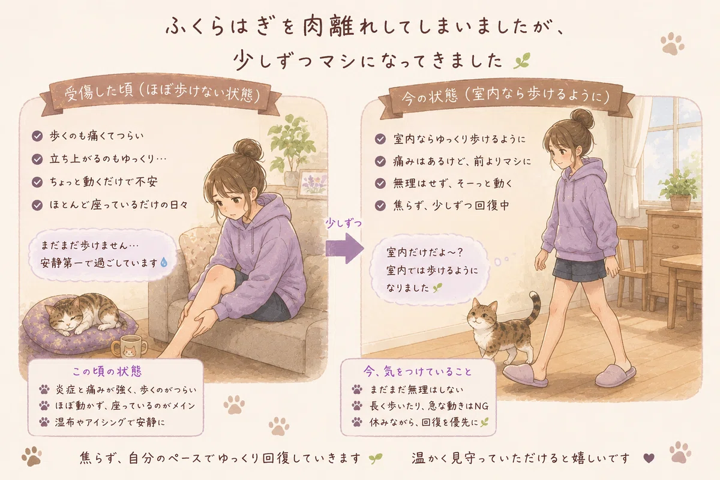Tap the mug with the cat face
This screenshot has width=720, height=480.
[128, 346]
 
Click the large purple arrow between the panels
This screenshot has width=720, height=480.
[344, 248]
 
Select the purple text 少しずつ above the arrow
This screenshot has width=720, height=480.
[343, 223]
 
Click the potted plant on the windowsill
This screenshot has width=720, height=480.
[679, 190]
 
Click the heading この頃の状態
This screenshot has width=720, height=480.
[107, 371]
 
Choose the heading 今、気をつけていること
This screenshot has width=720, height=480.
[418, 371]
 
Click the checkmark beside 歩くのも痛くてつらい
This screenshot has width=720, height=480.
[37, 136]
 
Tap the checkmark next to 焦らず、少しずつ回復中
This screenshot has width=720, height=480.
[380, 205]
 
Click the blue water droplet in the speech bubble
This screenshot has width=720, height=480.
[164, 262]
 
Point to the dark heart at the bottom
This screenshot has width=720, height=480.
[649, 458]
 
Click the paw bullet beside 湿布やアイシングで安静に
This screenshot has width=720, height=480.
[44, 422]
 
